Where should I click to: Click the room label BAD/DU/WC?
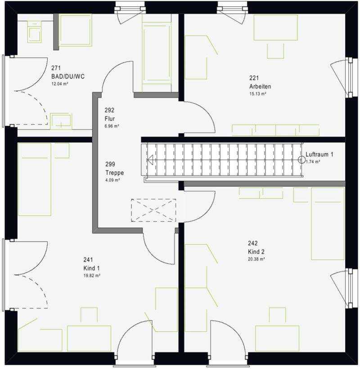(x=68, y=76)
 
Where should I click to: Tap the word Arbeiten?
(x=260, y=86)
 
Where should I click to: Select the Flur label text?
(x=110, y=119)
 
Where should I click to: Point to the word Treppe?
(x=114, y=173)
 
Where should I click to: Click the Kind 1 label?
(x=91, y=268)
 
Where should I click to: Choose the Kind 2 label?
(x=256, y=252)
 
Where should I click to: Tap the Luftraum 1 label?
(x=319, y=154)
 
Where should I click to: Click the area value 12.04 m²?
(x=60, y=84)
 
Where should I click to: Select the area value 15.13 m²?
(x=258, y=93)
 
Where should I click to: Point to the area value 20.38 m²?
(x=256, y=259)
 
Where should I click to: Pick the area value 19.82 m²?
(x=92, y=276)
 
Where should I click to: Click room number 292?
(x=109, y=110)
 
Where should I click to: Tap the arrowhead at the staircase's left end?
(x=150, y=160)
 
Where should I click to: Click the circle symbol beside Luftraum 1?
(x=301, y=160)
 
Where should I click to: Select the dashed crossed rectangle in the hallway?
(x=153, y=210)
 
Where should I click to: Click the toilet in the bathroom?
(x=35, y=32)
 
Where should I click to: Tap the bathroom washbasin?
(x=61, y=121)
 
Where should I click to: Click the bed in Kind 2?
(x=328, y=223)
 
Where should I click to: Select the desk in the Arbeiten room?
(x=276, y=27)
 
